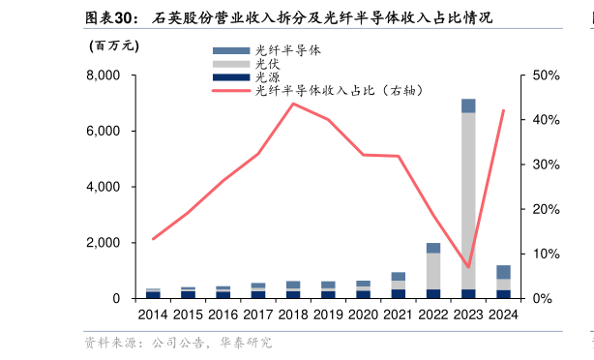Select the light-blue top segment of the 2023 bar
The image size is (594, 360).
(x=468, y=105)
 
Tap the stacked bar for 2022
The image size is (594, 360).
(x=433, y=271)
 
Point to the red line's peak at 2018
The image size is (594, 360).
(x=293, y=104)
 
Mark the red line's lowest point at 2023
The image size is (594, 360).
(x=468, y=267)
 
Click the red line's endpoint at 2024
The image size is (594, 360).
(x=503, y=110)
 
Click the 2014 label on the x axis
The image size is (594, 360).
(x=153, y=315)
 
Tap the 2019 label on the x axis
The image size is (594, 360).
(x=328, y=315)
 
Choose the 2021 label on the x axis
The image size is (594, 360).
(x=399, y=315)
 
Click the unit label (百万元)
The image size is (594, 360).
(x=114, y=45)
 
